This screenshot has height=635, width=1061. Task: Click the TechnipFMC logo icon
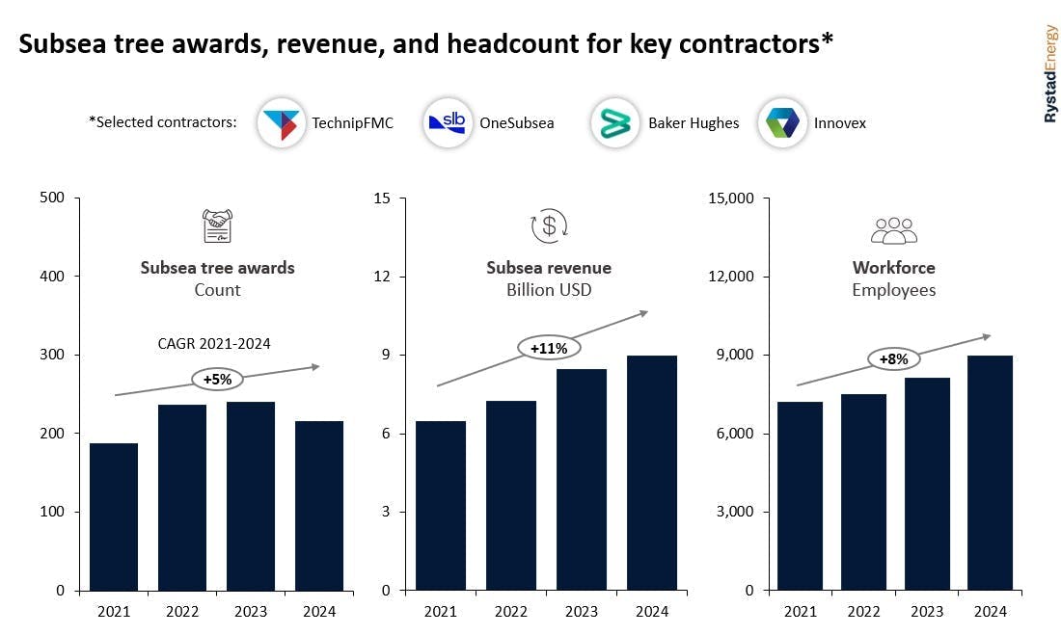point(282,123)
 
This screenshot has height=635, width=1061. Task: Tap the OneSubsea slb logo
point(449,123)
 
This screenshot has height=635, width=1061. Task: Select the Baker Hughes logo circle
point(614,123)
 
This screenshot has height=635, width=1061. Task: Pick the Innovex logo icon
point(781,123)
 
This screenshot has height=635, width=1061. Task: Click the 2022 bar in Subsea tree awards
point(182,497)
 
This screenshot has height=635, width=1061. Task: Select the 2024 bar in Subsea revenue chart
point(652,472)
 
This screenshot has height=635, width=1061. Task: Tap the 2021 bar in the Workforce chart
point(800,495)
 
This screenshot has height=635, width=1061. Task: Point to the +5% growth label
point(217,380)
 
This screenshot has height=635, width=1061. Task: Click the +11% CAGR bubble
point(549,348)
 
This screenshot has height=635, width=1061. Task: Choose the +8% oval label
point(894,359)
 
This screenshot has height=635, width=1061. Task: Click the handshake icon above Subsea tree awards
point(218,227)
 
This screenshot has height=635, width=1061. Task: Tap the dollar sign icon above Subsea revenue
point(549,227)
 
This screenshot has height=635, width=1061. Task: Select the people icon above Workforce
point(894,230)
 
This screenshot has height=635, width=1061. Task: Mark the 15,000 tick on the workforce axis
point(736,198)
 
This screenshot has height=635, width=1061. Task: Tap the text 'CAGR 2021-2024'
point(214,343)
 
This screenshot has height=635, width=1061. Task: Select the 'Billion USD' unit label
point(549,290)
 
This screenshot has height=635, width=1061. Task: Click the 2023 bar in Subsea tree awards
point(251,495)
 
